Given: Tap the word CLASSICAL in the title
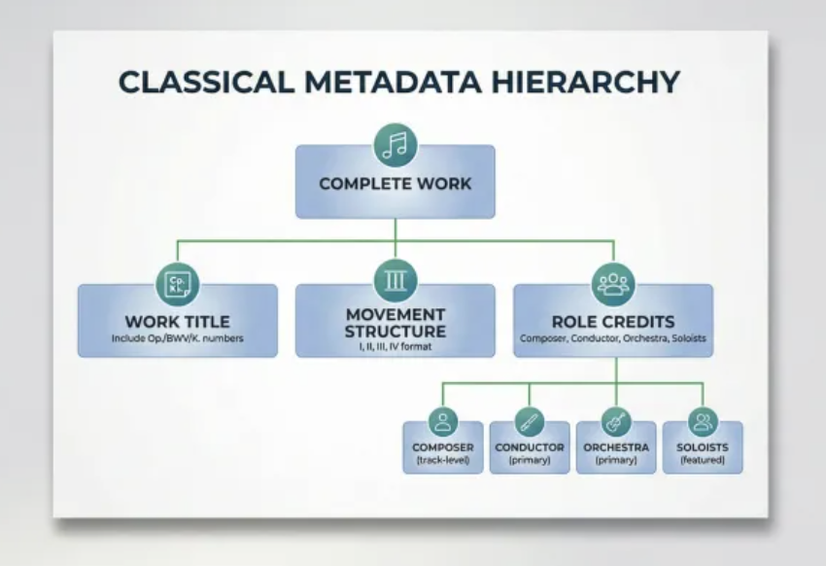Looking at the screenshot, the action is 206,83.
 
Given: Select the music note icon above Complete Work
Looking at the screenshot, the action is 396,145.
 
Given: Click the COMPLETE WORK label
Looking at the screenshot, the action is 396,184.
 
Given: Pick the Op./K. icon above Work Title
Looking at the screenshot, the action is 178,285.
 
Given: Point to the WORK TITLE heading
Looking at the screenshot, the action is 178,322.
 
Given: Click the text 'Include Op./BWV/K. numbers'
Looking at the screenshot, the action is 178,338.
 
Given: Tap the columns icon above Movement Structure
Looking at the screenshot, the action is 396,280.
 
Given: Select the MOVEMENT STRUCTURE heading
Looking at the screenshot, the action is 396,323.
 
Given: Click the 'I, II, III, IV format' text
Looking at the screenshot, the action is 396,347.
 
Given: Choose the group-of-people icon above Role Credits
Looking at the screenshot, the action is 614,285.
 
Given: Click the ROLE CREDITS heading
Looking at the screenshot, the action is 613,322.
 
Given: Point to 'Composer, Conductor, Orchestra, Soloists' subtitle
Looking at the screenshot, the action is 613,338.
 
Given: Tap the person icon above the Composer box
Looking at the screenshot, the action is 443,422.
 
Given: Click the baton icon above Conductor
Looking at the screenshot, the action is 530,422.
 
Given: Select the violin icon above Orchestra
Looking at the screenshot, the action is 616,422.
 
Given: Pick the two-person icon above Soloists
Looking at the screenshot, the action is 703,422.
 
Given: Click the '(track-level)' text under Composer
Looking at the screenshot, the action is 443,460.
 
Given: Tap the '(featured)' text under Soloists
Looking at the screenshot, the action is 703,460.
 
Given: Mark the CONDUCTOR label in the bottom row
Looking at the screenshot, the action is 530,447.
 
